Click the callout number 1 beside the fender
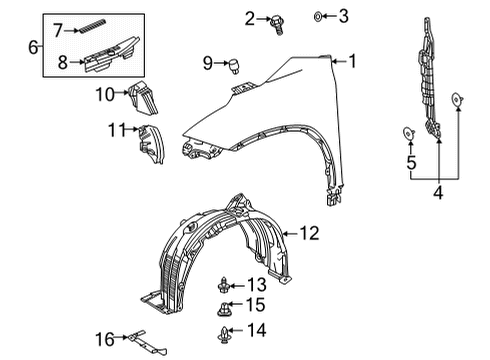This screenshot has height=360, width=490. tap(351, 61)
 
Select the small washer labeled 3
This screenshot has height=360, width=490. tap(317, 15)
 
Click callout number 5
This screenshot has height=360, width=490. tap(410, 164)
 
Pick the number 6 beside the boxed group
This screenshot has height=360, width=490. tap(33, 46)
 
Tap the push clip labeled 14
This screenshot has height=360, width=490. tap(224, 331)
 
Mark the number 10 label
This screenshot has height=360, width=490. tap(105, 95)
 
